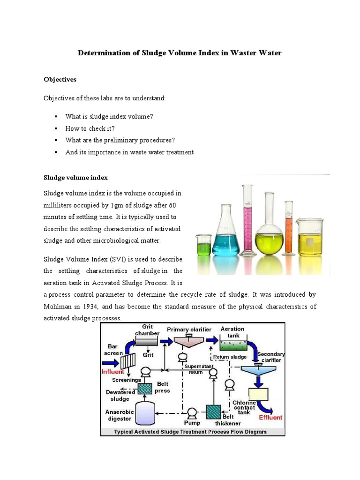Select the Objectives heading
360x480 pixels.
pyautogui.click(x=60, y=80)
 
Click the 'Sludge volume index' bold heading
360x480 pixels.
pyautogui.click(x=75, y=178)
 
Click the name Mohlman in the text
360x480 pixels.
pyautogui.click(x=60, y=306)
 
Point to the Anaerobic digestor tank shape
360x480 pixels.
pyautogui.click(x=144, y=412)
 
